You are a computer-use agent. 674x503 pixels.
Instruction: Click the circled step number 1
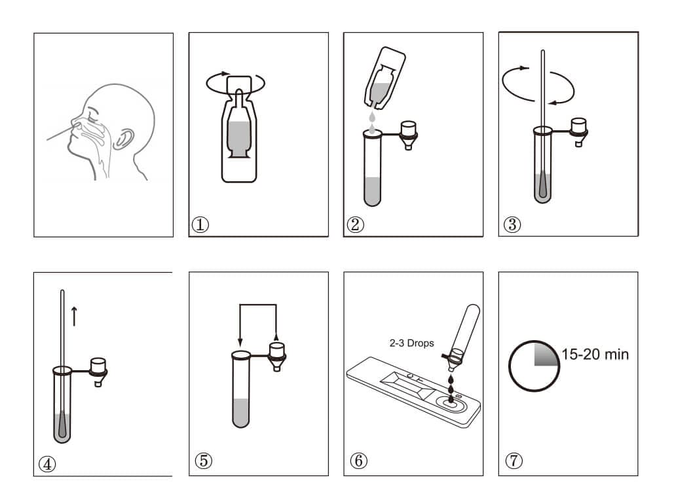tap(200, 224)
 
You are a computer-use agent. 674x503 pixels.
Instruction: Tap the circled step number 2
tap(355, 224)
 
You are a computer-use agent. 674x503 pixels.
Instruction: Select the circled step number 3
tap(512, 224)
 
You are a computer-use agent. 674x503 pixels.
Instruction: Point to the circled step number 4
tap(47, 464)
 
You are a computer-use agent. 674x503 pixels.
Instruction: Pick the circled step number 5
tap(203, 460)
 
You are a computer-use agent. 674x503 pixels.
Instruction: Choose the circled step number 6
tap(358, 460)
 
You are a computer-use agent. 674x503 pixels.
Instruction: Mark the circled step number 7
tap(514, 460)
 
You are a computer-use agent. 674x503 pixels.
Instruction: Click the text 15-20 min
tap(595, 355)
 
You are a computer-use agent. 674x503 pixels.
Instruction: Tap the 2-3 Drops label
tap(412, 343)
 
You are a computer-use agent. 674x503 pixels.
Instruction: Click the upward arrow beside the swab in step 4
tap(75, 316)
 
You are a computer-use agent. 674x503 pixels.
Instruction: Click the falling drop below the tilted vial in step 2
tap(372, 116)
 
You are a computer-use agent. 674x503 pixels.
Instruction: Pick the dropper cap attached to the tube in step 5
tap(277, 356)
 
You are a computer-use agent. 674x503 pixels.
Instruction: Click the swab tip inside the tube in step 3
tap(544, 184)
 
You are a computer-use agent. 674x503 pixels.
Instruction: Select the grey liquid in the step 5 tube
tap(241, 413)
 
